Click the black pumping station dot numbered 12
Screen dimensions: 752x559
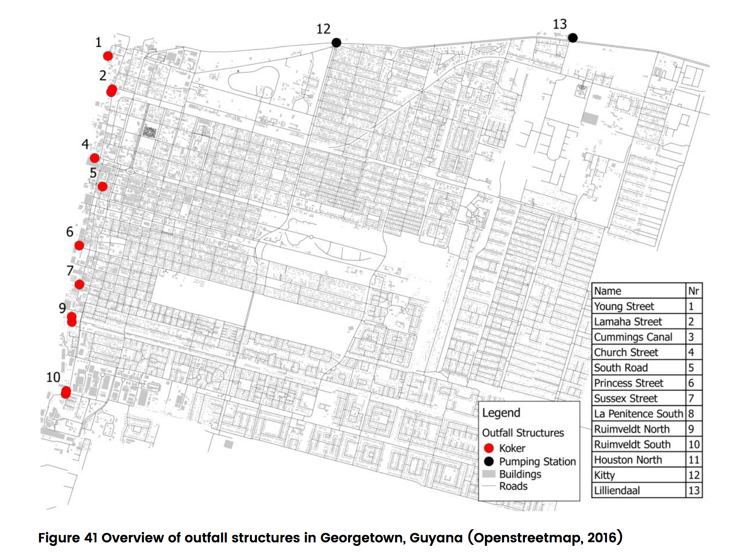tap(336, 43)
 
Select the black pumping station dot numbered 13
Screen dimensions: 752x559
tap(573, 38)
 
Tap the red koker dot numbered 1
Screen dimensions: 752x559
tap(108, 56)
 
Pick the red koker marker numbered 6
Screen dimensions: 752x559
tap(79, 245)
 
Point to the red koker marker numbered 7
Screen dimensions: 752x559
tap(79, 284)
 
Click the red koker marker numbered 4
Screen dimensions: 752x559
tap(95, 158)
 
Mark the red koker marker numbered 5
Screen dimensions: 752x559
tap(103, 186)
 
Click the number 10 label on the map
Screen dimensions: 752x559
tap(53, 377)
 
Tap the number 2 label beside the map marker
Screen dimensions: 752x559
tap(103, 75)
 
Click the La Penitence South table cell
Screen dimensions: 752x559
tap(638, 414)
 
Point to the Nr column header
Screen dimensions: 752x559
tap(693, 291)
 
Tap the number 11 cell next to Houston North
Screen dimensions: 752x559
tap(694, 460)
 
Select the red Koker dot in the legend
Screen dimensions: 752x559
tap(489, 448)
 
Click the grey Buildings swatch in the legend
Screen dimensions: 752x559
tap(489, 474)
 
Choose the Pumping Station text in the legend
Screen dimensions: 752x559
tap(537, 462)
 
